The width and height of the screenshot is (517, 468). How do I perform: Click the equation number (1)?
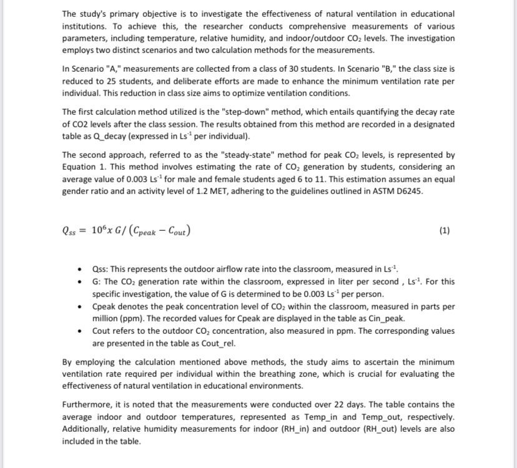(444, 230)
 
